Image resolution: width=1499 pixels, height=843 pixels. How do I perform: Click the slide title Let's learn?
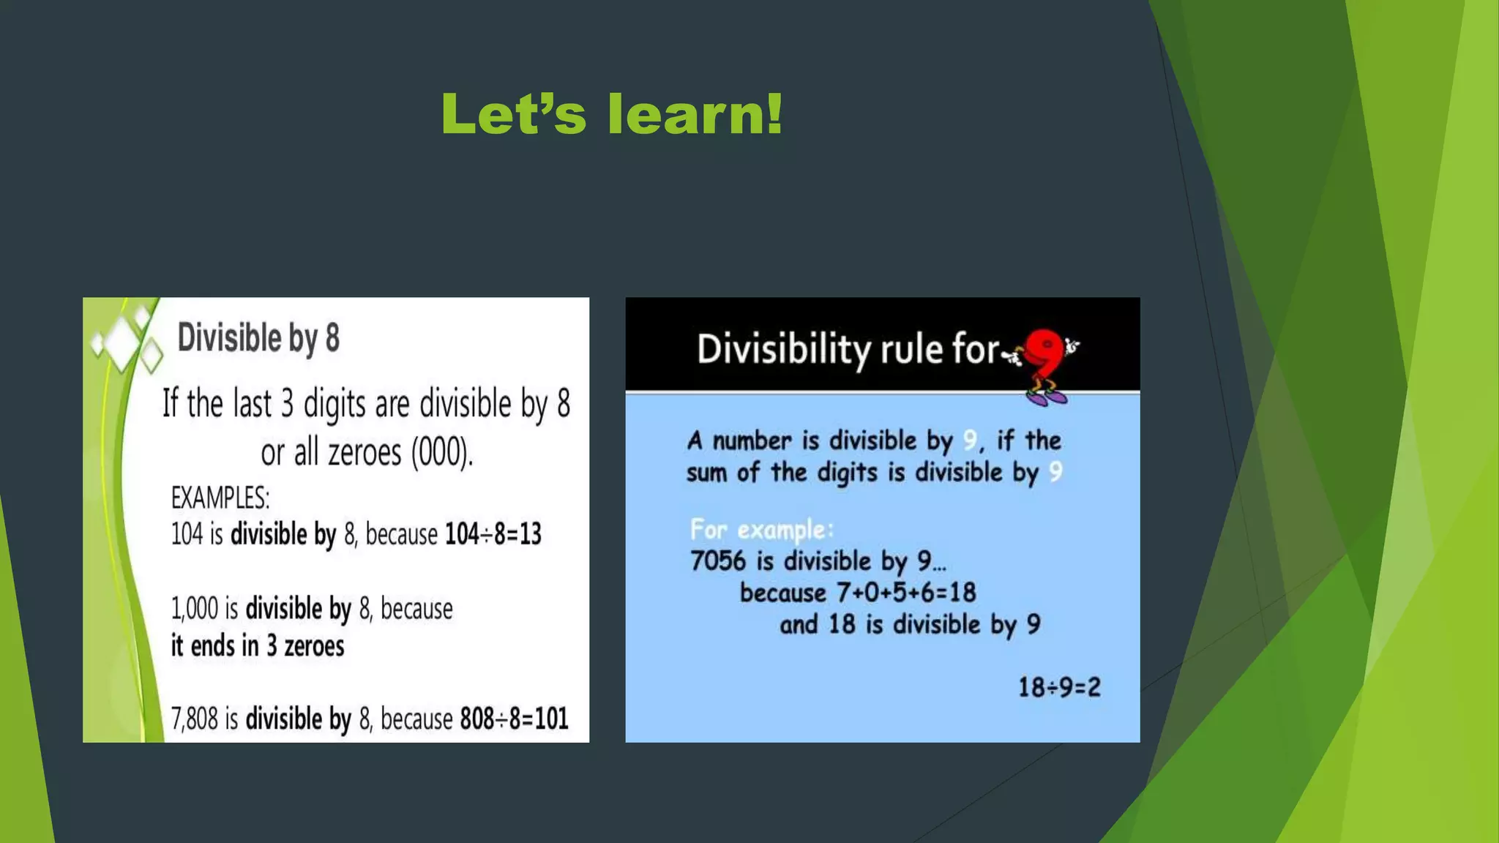point(612,115)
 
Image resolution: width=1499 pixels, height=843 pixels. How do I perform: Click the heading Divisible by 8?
point(258,338)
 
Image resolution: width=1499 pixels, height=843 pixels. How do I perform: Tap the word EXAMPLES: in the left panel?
point(220,498)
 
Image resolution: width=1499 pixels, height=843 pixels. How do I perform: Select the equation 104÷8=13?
point(493,534)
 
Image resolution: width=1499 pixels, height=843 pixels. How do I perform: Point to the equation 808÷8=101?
point(514,719)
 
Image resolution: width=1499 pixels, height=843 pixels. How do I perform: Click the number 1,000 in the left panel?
point(195,609)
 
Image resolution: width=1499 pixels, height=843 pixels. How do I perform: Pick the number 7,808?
point(195,719)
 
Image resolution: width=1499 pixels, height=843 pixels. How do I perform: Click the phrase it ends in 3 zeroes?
point(258,646)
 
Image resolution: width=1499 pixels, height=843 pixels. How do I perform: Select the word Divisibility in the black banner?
point(783,349)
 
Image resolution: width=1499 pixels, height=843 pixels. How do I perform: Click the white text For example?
point(761,529)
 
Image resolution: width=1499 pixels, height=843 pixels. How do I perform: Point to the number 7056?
point(718,561)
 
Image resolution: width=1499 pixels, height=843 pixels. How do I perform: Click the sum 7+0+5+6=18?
point(906,592)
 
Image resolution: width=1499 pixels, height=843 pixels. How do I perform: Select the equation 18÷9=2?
point(1059,687)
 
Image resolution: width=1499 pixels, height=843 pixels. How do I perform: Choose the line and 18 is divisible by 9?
point(910,624)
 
